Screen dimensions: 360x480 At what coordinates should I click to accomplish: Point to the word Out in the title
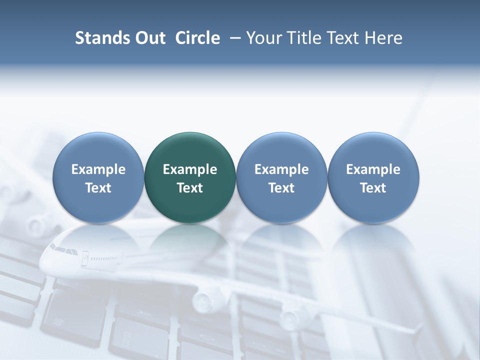[148, 38]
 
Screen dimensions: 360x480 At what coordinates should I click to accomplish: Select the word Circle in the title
[197, 38]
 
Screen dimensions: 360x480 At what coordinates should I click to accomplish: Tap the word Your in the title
[264, 38]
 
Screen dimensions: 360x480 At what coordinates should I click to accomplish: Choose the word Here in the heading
[384, 38]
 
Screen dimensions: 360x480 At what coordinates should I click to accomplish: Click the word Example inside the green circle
[190, 169]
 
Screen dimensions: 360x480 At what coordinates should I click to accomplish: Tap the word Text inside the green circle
[190, 188]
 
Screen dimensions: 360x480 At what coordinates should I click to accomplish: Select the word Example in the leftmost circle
[98, 169]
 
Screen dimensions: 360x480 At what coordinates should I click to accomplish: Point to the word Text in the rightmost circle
[373, 188]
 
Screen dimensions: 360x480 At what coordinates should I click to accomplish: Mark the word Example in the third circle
[281, 169]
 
